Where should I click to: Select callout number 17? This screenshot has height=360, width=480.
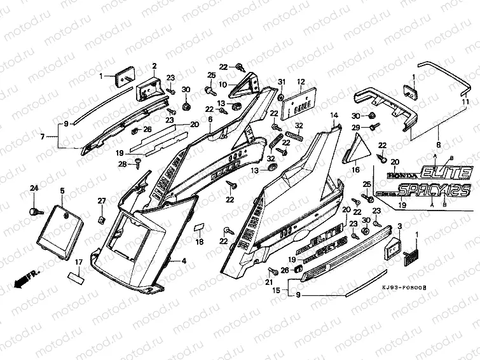(79, 262)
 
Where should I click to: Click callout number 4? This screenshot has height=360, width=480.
(184, 261)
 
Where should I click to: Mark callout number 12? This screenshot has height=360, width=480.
(301, 81)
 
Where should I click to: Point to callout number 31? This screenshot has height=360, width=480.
(281, 81)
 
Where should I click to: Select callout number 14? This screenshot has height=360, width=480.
(333, 114)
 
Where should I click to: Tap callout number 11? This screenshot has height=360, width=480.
(465, 102)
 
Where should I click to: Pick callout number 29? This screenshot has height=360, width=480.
(356, 128)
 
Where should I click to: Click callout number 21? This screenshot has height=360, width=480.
(268, 282)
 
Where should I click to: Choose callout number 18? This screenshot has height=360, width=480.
(199, 242)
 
